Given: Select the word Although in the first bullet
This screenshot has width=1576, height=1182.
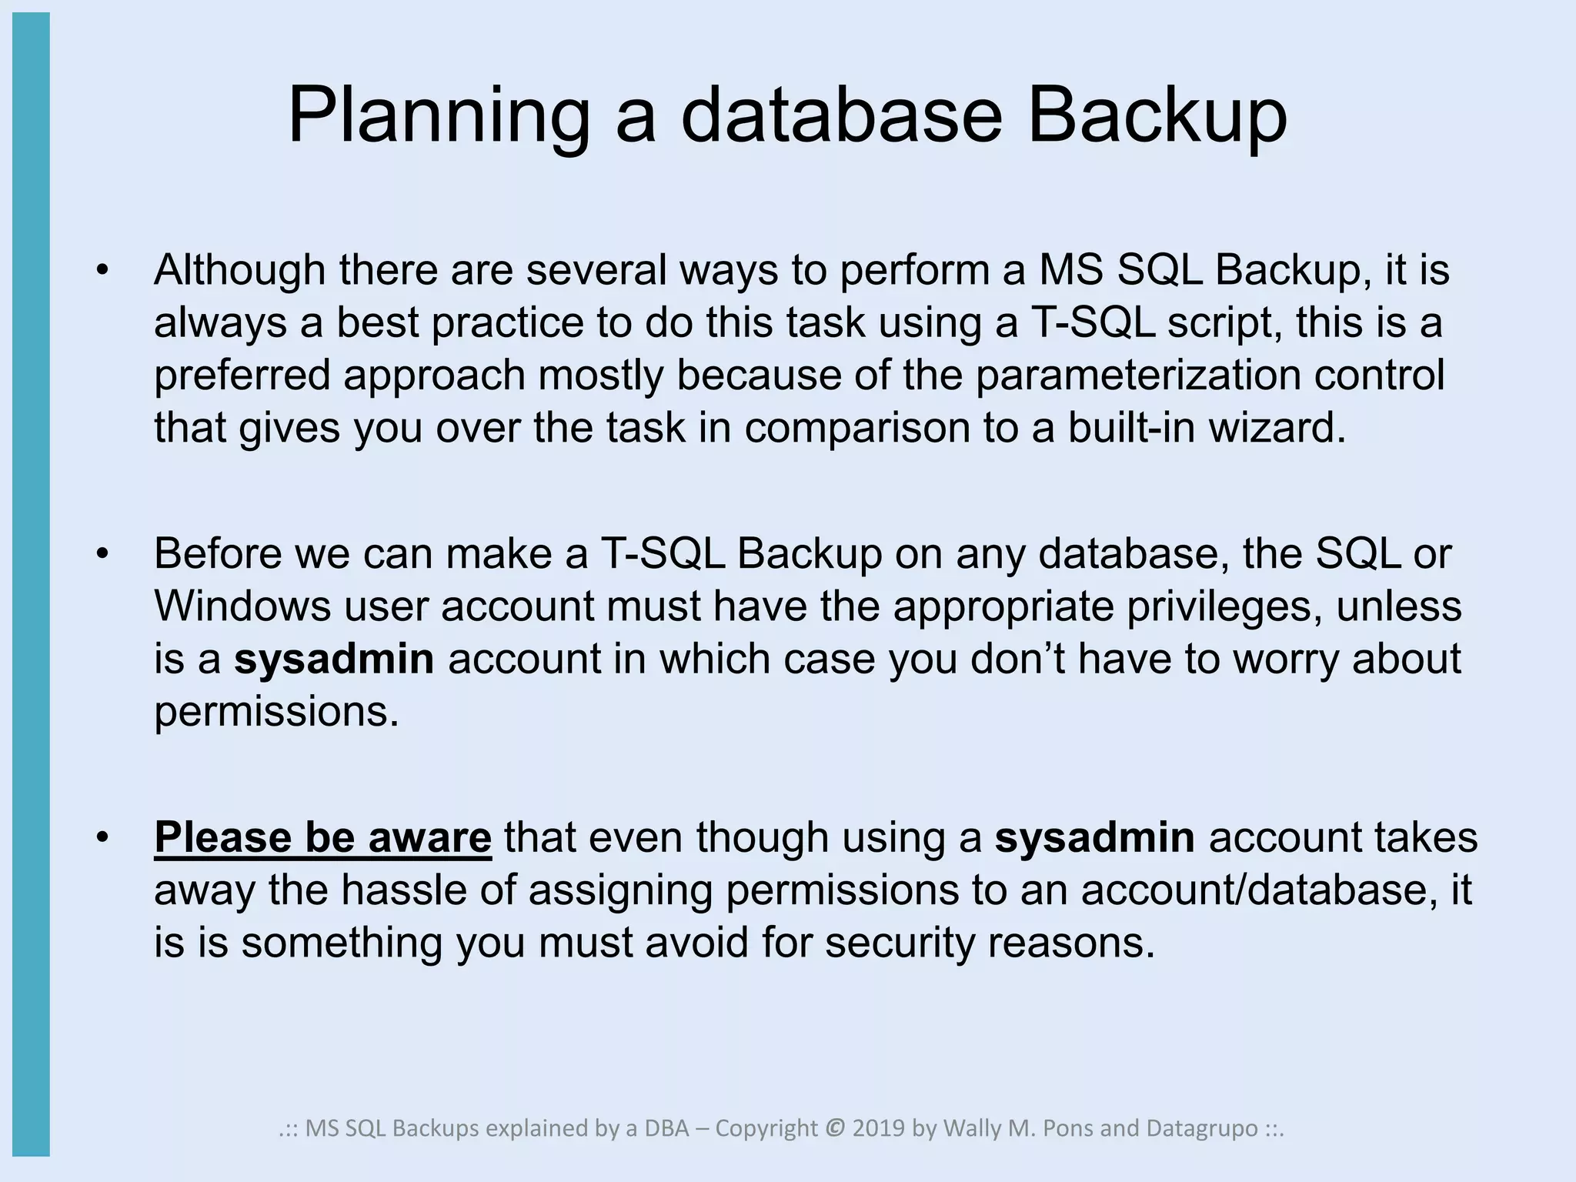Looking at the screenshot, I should pos(239,270).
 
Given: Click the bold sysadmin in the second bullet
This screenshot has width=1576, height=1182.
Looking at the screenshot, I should pos(334,659).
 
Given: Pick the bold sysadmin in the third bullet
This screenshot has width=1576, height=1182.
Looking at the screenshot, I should pos(1094,837).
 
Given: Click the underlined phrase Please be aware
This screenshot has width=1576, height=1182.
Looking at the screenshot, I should pos(322,837).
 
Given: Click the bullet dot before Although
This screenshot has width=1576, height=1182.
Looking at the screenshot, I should pos(103,271).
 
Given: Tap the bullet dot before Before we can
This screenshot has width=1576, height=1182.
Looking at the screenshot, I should pos(103,554).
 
